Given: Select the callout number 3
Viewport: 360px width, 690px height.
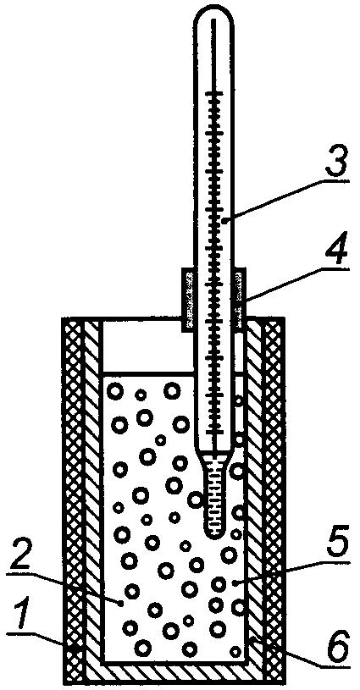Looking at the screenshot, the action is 334,161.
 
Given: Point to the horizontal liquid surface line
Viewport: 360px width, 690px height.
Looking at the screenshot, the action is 148,375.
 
